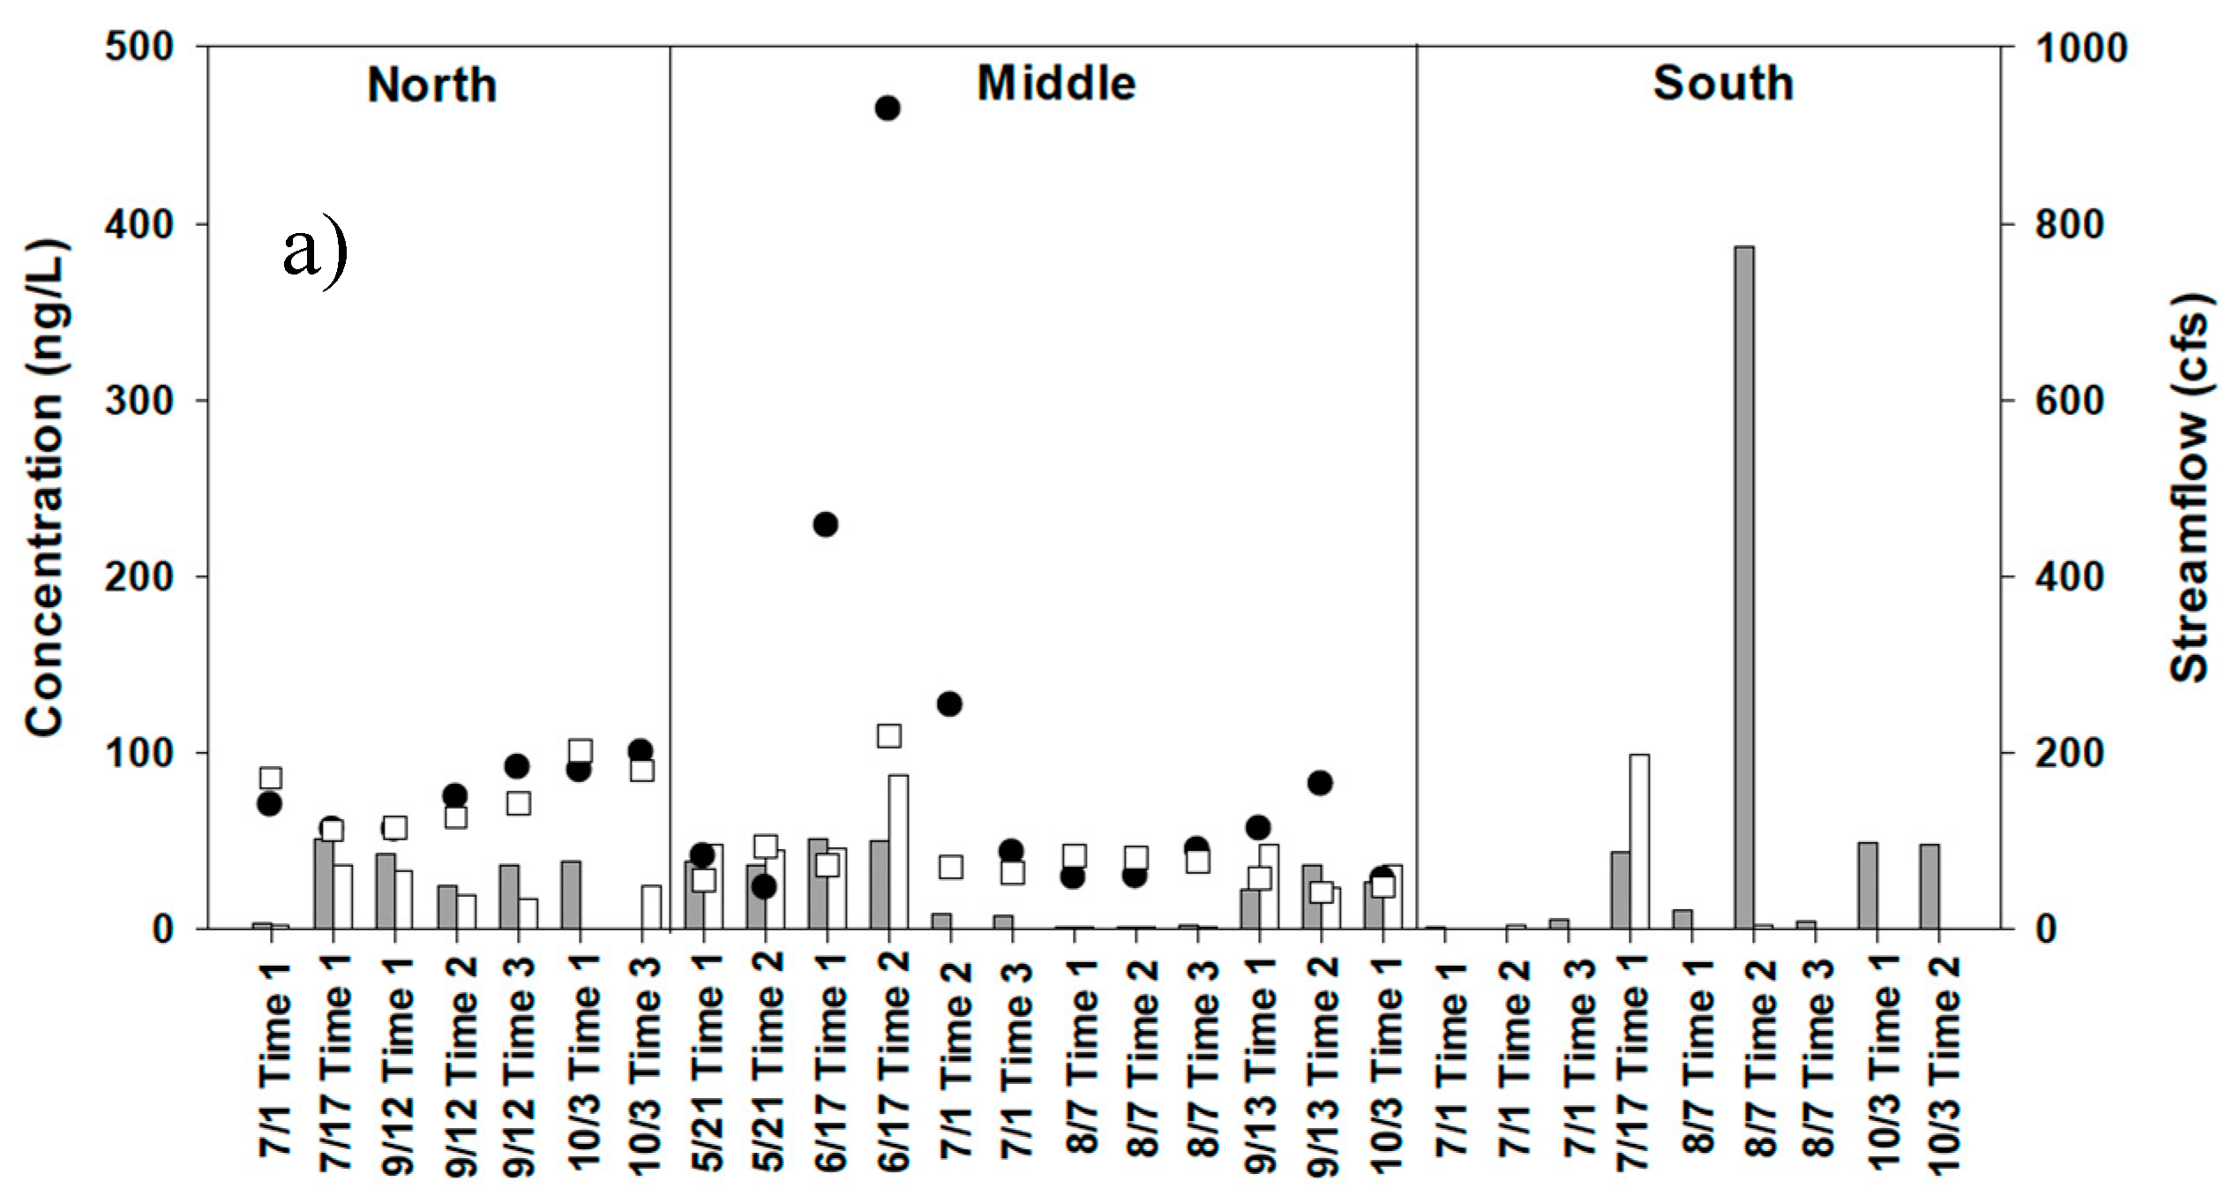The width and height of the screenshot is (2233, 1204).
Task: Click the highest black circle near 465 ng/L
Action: (x=888, y=109)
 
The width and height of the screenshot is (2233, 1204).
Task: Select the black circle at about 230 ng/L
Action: (x=825, y=524)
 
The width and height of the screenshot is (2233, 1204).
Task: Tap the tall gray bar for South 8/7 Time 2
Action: (x=1743, y=587)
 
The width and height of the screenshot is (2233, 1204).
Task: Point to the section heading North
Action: (x=431, y=86)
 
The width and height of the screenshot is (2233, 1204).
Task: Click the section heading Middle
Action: (x=1056, y=84)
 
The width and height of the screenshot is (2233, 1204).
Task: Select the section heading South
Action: (x=1722, y=84)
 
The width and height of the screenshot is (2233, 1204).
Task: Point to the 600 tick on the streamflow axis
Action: (x=2067, y=401)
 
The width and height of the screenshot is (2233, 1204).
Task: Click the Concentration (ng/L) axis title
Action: (x=44, y=487)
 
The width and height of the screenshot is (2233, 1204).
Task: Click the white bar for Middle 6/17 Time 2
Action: (x=898, y=851)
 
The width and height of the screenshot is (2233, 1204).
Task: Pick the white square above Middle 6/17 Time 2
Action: (x=888, y=735)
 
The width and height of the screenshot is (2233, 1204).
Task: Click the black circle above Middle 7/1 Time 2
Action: (x=948, y=704)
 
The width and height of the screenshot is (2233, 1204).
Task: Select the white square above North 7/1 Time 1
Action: (x=271, y=778)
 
